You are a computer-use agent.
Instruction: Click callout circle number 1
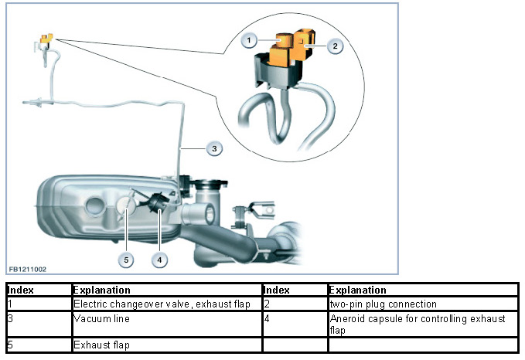249,38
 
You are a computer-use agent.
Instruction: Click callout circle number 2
334,46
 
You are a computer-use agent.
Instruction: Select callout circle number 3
216,148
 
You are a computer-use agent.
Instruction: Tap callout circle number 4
159,260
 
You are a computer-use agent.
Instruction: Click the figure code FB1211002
29,269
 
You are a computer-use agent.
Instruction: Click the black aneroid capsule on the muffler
158,203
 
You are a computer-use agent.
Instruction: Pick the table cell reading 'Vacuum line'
96,318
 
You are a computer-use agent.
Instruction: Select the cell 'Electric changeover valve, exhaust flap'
162,304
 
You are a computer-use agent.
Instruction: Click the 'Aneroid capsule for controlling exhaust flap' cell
418,324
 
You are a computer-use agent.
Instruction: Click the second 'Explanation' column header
358,290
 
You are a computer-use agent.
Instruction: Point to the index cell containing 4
267,318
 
